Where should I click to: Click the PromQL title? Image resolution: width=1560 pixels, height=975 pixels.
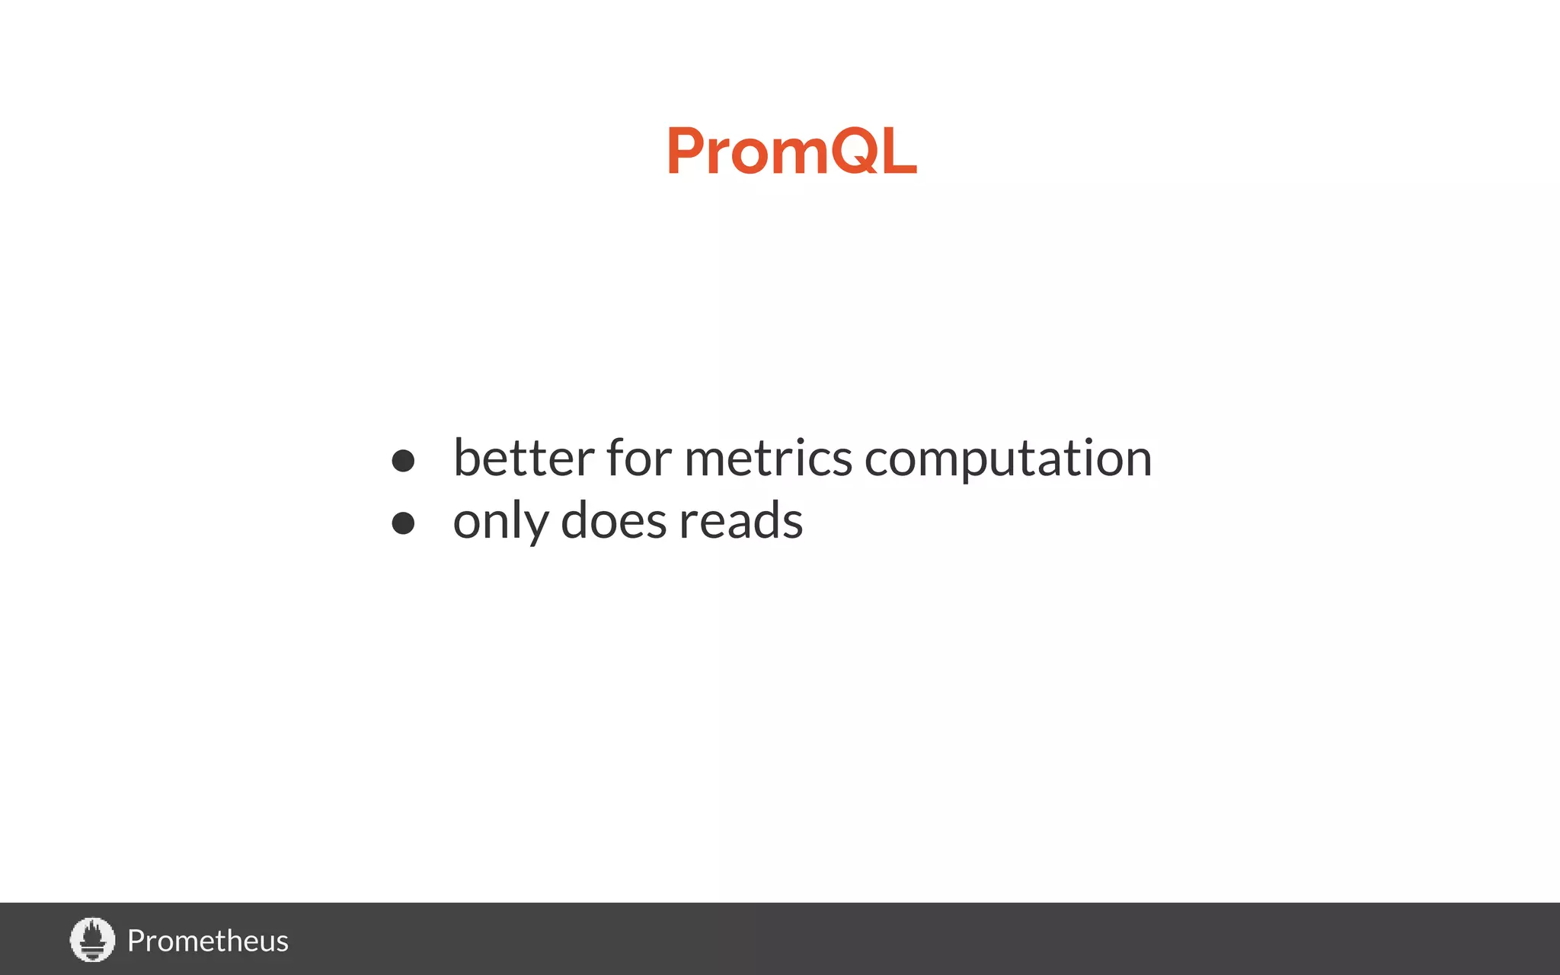click(791, 151)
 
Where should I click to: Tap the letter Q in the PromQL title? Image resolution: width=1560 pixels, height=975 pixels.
click(854, 151)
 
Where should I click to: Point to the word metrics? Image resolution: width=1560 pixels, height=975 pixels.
click(768, 459)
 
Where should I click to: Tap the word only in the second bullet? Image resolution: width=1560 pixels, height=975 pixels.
click(500, 522)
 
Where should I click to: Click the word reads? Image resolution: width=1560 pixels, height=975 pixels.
click(740, 521)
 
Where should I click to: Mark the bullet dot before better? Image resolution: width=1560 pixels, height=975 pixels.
click(403, 460)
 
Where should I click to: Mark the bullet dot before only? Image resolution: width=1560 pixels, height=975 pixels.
click(403, 523)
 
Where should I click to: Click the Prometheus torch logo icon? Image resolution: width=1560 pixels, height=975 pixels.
click(92, 939)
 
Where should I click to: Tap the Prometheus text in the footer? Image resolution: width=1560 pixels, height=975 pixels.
click(207, 941)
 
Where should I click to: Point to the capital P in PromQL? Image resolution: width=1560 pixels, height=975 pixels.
click(684, 151)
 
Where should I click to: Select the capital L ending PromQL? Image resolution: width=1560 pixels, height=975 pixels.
click(900, 151)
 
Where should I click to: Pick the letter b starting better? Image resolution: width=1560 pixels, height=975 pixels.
click(467, 458)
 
